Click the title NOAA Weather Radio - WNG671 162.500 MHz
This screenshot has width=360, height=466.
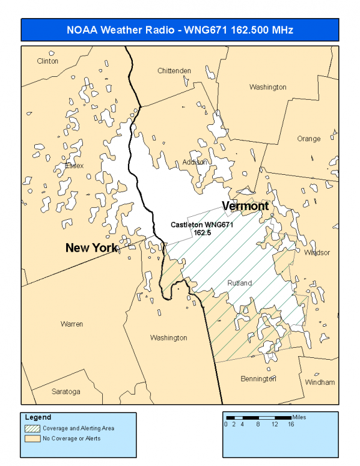coord(180,29)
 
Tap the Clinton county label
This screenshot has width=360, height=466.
coord(47,61)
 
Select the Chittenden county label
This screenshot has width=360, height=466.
coord(174,71)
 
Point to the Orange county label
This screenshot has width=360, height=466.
coord(309,139)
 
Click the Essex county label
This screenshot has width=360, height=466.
coord(74,166)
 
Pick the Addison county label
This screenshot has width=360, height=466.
coord(195,162)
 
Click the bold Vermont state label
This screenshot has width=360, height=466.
coord(245,207)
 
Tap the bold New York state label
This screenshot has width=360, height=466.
coord(92,247)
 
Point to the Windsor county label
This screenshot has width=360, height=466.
coord(317,253)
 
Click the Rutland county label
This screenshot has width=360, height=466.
coord(240,283)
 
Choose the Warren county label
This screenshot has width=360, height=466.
coord(72,324)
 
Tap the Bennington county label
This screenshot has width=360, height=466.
coord(258,379)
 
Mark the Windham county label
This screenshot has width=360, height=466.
coord(320,382)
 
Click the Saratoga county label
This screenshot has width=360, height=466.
coord(66,392)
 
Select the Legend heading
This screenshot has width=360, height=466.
coord(38,417)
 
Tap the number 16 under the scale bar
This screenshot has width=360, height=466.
coord(290,425)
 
